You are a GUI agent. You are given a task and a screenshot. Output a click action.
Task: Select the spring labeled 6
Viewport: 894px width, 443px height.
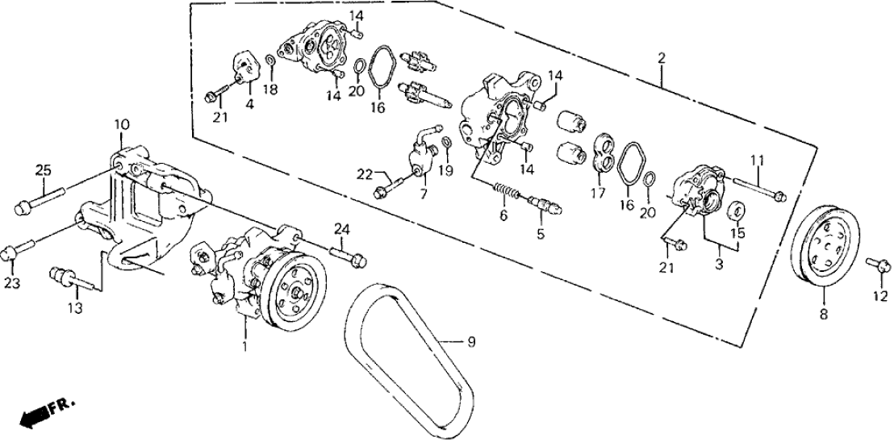click(x=504, y=193)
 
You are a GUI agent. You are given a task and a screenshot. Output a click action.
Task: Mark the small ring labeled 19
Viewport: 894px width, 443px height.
click(x=446, y=145)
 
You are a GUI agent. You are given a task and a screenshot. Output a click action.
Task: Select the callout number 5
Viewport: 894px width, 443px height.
click(x=540, y=235)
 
